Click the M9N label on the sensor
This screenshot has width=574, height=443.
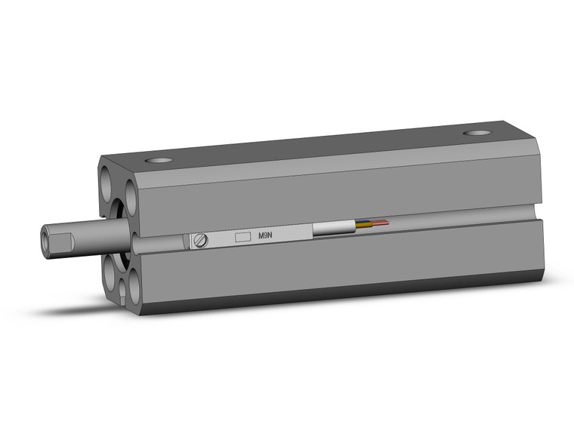click(266, 235)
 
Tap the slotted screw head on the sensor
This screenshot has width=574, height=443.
click(200, 241)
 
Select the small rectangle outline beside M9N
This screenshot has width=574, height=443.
click(242, 236)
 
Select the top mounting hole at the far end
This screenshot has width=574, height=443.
click(477, 134)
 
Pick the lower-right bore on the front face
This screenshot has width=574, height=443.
click(133, 287)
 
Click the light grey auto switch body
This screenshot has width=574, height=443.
click(249, 237)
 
